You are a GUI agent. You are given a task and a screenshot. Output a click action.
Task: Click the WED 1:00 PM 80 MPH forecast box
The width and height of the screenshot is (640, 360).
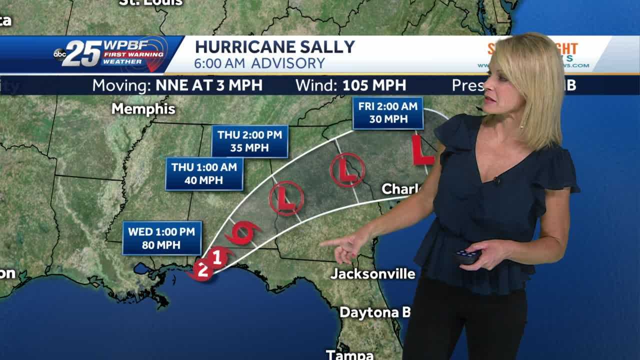(162, 238)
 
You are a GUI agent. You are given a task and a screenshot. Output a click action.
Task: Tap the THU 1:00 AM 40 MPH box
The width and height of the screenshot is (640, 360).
(204, 174)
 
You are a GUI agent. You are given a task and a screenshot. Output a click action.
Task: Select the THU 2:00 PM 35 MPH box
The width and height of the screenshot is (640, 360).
(249, 141)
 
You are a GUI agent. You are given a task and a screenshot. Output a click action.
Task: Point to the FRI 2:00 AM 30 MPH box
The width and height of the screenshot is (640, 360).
(387, 112)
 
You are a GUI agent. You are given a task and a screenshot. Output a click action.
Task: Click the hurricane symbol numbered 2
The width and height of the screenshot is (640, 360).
(202, 270)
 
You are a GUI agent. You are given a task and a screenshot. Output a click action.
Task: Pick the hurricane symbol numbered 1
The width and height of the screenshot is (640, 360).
(217, 257)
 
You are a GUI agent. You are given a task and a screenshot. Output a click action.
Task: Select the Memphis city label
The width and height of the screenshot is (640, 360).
(143, 109)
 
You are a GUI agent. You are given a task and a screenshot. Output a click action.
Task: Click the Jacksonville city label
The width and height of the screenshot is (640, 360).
(373, 273)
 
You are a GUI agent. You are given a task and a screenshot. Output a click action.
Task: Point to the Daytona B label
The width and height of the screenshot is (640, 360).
(375, 312)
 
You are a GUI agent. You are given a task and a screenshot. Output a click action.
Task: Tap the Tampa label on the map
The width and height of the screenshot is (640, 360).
(349, 354)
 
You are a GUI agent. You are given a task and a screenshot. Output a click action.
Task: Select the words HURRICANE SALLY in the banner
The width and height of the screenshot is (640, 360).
(274, 47)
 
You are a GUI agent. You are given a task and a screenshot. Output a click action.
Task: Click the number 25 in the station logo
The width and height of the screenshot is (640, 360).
(82, 53)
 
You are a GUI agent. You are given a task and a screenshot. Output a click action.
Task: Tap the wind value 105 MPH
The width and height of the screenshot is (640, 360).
(374, 85)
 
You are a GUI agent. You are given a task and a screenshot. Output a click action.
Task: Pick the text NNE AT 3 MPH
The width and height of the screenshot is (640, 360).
(209, 85)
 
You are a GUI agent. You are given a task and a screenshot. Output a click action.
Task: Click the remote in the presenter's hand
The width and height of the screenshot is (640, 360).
(467, 256)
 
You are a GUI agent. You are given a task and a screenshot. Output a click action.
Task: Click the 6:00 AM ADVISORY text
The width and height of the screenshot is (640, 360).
(259, 63)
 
